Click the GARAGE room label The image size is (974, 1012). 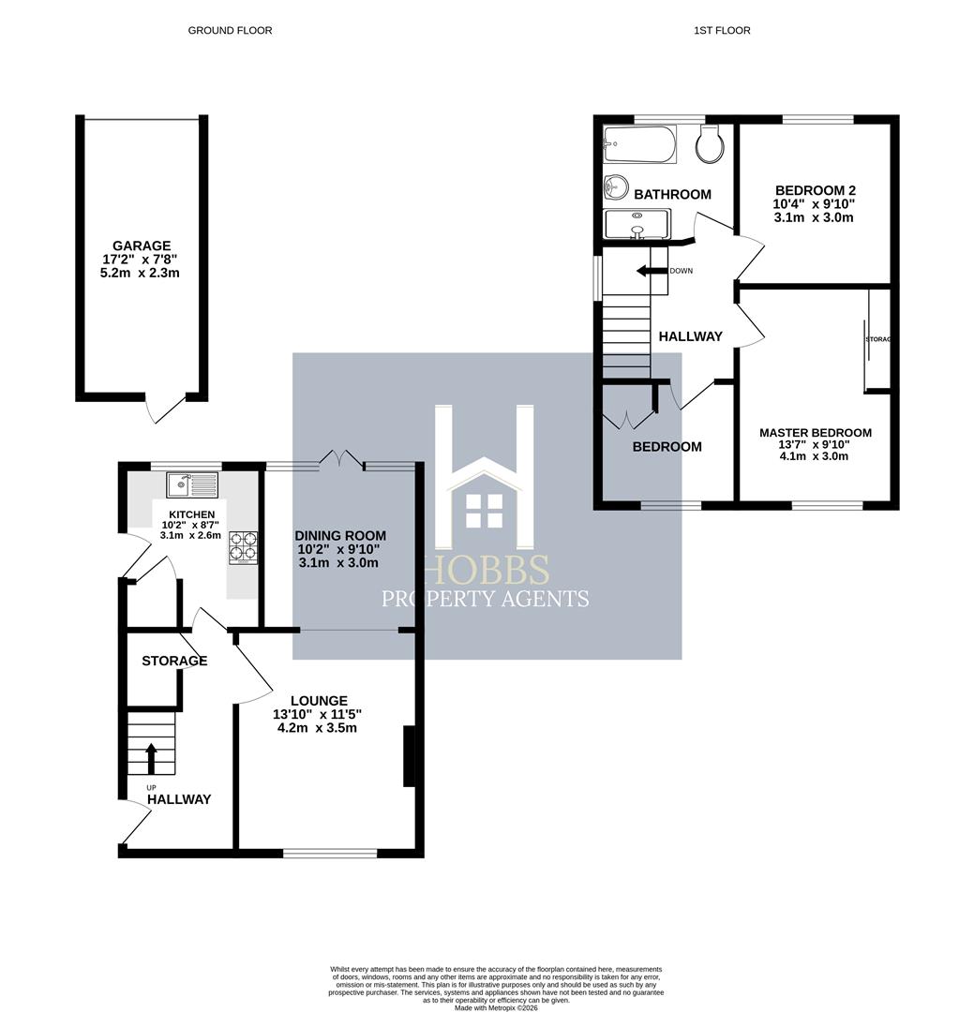[141, 246]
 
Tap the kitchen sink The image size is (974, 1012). [192, 484]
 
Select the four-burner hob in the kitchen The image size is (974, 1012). [243, 547]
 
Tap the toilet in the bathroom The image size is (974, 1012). [709, 143]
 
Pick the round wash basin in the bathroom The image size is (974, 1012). [616, 187]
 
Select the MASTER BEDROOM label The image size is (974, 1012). [815, 432]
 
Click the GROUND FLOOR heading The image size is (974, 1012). [230, 31]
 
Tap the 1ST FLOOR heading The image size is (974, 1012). [722, 31]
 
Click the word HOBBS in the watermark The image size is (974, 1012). [485, 569]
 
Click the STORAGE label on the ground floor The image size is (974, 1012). [174, 661]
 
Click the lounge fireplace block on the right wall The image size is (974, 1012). [409, 755]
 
